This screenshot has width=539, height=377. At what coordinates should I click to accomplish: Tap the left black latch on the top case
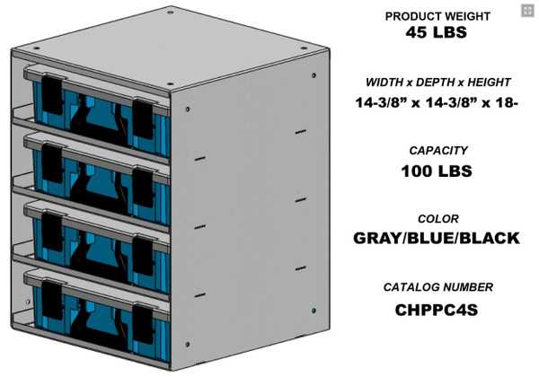tap(52, 89)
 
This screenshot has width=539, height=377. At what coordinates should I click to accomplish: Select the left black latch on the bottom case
tap(52, 294)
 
